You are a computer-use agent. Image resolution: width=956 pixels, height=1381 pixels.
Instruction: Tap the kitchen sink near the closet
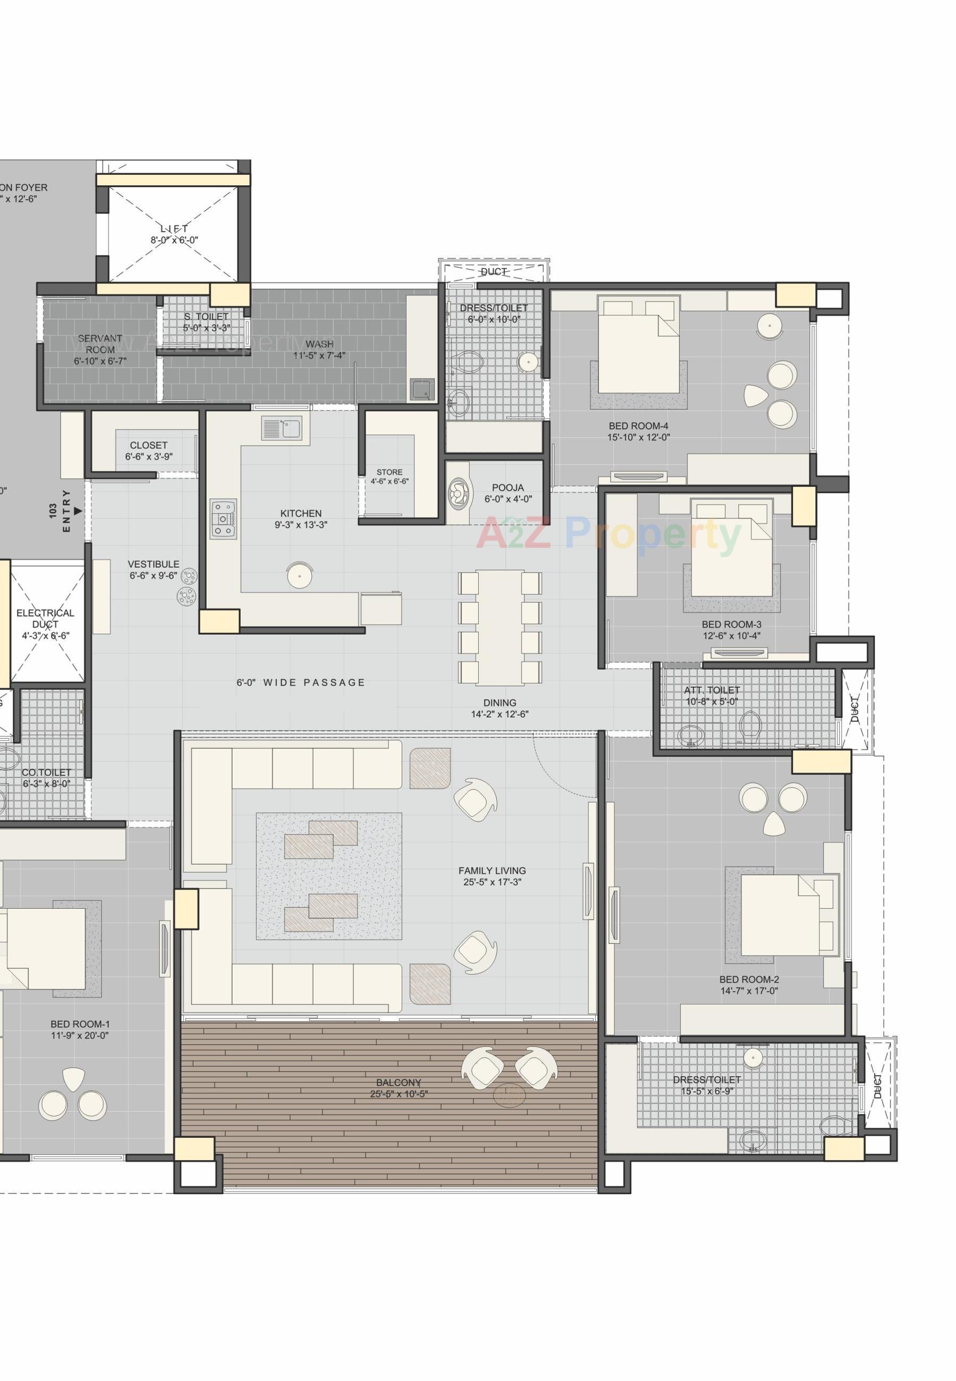click(282, 429)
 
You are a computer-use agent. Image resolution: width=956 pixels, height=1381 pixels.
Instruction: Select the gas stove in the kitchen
click(223, 518)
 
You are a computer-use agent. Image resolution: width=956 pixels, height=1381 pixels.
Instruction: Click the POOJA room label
click(508, 487)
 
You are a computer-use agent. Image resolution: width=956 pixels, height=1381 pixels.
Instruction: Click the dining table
click(500, 627)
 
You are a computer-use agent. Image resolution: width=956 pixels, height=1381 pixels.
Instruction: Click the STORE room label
click(390, 472)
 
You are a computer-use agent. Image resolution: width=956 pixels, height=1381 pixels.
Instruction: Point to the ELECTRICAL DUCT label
click(46, 618)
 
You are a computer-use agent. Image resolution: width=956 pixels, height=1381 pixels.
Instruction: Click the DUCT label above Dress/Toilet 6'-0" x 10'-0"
click(494, 272)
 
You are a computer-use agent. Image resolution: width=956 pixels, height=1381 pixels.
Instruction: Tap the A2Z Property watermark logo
click(608, 534)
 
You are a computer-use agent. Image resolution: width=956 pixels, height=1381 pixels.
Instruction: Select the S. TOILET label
click(206, 316)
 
